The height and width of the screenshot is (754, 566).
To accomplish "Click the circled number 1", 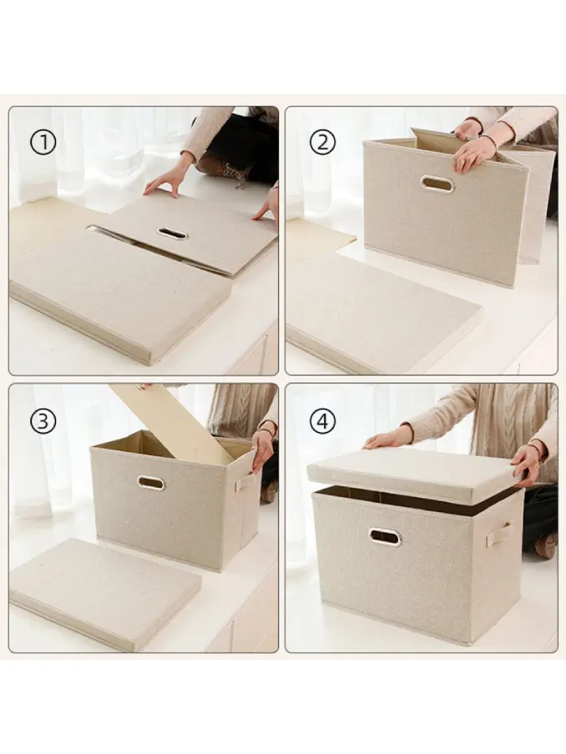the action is [43, 143].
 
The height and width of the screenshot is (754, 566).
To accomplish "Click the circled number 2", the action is [322, 142].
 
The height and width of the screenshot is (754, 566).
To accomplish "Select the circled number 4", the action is [322, 422].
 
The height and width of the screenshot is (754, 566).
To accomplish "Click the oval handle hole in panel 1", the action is [172, 234].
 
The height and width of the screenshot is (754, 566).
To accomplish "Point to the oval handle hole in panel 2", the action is [437, 184].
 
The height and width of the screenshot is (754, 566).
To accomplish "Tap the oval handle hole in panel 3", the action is [151, 483].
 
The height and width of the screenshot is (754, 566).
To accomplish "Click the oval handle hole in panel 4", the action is [385, 536].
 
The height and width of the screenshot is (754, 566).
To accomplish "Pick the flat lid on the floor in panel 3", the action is [104, 593].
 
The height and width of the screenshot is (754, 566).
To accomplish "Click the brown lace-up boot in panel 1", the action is [226, 172].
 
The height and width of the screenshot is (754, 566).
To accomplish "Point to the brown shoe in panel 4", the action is [546, 545].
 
